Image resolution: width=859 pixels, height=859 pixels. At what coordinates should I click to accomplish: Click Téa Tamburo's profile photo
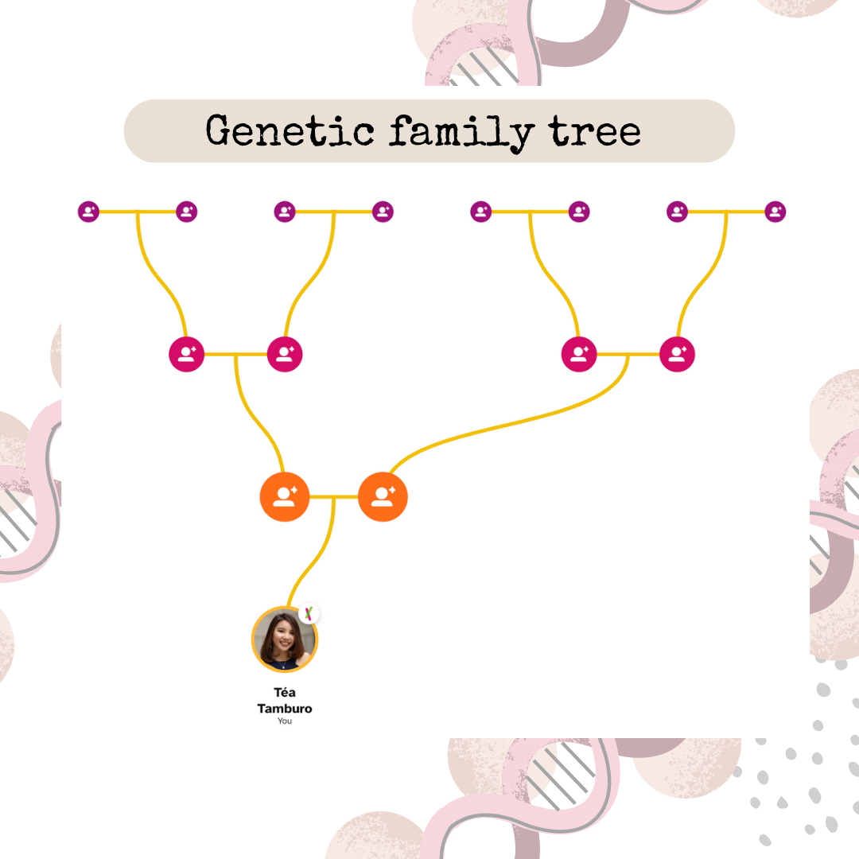click(284, 639)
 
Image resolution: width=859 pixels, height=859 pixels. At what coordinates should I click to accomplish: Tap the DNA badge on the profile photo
click(309, 614)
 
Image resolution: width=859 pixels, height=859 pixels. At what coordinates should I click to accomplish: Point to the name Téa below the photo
click(285, 693)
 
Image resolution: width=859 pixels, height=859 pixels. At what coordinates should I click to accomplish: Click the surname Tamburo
click(285, 708)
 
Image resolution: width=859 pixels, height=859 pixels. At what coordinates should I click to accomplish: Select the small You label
click(285, 721)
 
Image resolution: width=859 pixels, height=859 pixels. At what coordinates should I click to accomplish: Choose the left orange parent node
click(285, 497)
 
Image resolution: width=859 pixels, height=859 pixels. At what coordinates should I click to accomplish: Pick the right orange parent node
click(383, 497)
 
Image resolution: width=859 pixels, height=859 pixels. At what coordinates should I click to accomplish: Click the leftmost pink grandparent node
click(187, 354)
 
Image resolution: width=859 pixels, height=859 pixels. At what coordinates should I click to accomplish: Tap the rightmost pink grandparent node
click(677, 354)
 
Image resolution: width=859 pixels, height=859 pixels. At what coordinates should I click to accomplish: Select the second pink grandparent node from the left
click(285, 354)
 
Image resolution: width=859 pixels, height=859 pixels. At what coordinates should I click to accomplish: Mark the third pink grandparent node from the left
click(579, 354)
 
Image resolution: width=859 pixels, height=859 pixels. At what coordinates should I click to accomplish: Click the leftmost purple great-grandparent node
click(88, 212)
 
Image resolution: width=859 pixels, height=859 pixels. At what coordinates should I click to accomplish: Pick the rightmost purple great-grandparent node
click(775, 212)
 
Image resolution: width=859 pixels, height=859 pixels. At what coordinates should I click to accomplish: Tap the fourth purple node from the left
click(383, 212)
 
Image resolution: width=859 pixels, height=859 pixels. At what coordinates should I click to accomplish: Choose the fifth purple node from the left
click(480, 212)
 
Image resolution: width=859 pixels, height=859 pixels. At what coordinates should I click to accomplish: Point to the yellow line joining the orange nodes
click(334, 497)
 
